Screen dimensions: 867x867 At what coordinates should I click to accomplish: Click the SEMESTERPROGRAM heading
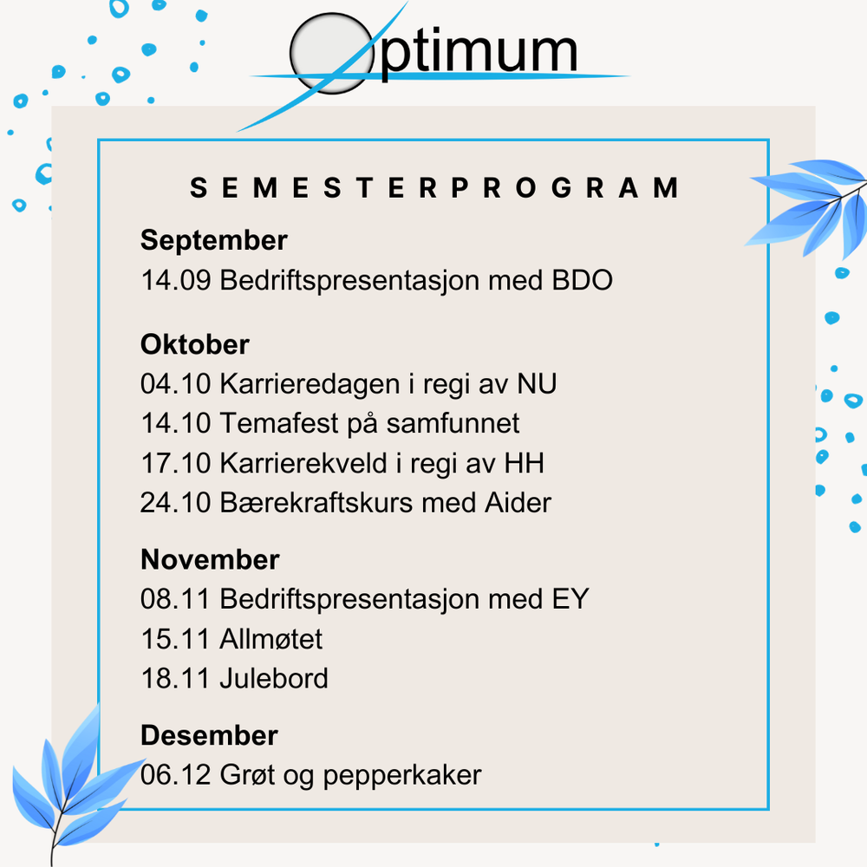(x=434, y=188)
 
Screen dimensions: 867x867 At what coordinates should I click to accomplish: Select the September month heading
(x=213, y=240)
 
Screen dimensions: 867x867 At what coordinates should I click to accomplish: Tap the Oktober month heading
(x=195, y=345)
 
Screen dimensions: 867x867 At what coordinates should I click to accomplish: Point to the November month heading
(x=210, y=560)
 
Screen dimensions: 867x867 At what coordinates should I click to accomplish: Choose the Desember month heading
(x=209, y=736)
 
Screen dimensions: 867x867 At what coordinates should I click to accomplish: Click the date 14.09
(x=175, y=281)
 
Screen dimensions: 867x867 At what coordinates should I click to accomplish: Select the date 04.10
(x=175, y=383)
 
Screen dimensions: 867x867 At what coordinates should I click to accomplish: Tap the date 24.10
(x=175, y=503)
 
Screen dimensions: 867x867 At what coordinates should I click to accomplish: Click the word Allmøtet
(x=271, y=640)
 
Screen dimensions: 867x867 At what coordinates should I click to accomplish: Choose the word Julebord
(x=274, y=678)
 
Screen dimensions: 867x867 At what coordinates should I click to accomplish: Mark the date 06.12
(x=175, y=774)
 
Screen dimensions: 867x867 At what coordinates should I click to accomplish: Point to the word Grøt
(x=247, y=774)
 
